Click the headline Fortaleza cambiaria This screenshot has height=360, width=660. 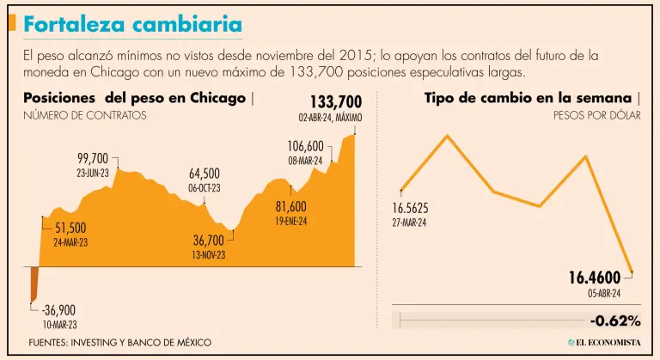point(132,25)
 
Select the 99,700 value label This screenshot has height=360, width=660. point(93,158)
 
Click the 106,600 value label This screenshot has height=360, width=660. point(305,146)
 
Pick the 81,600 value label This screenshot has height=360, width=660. point(290,207)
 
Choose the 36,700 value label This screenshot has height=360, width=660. point(208,241)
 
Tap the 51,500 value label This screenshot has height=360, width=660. point(70,228)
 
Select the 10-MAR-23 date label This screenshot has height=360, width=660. point(58,325)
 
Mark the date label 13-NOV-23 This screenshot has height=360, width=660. point(208,254)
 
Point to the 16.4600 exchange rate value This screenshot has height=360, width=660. point(594,278)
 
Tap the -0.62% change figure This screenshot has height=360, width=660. point(615,320)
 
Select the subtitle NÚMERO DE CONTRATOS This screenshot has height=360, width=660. point(85,115)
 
